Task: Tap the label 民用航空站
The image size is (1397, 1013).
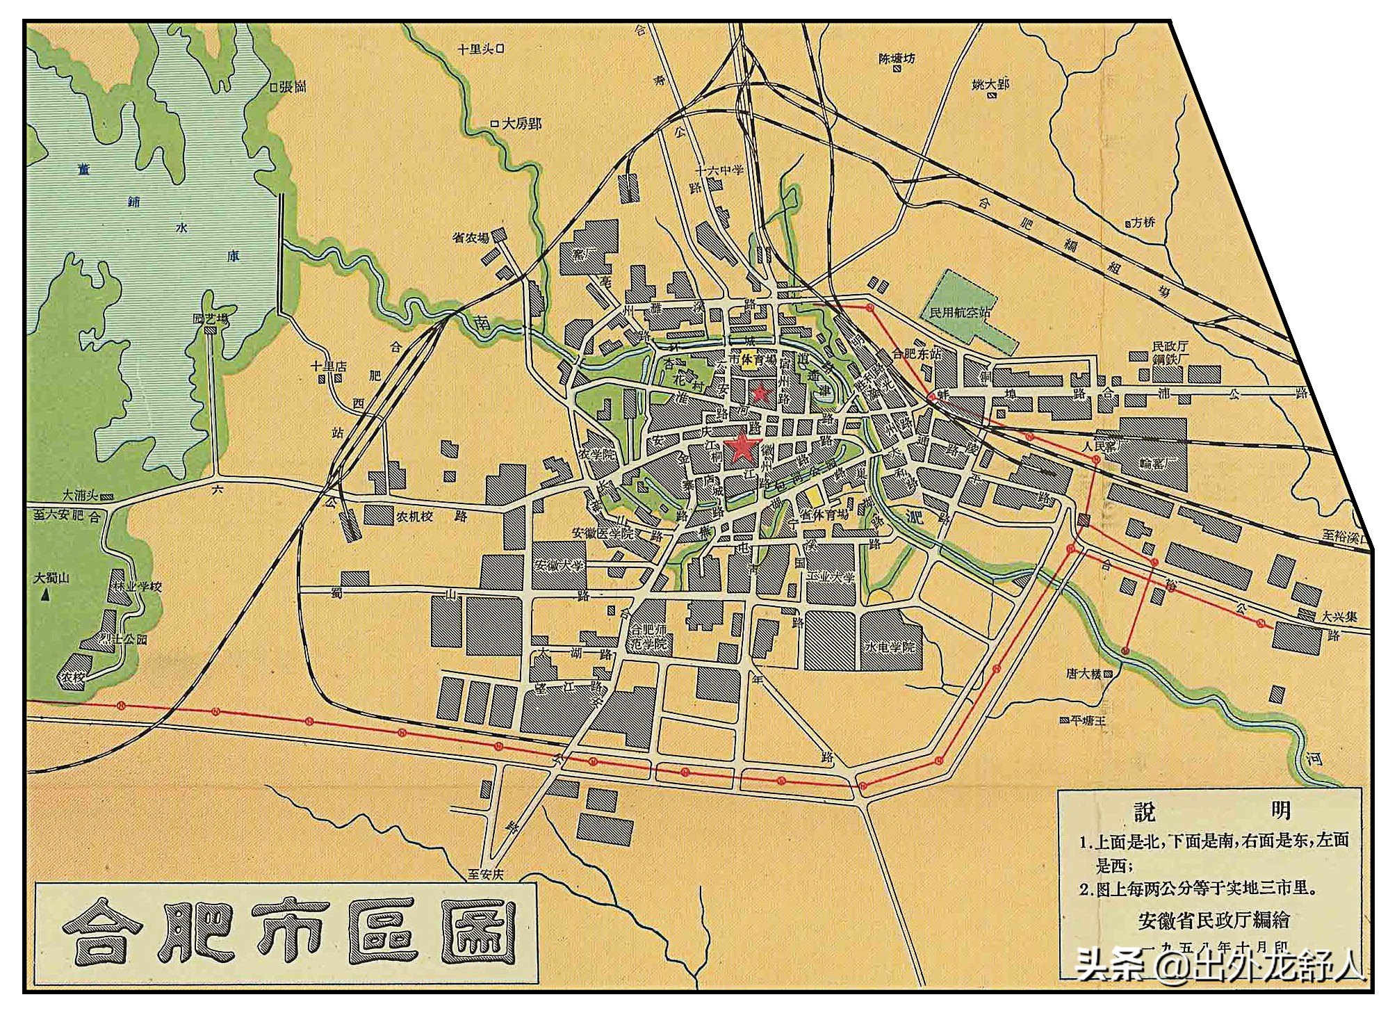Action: pos(960,312)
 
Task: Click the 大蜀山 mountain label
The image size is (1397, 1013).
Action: pos(51,578)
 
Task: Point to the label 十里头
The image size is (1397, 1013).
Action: pos(475,49)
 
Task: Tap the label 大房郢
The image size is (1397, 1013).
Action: pos(521,124)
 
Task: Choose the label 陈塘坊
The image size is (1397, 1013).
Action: pos(897,59)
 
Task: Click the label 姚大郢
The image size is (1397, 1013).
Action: pos(990,85)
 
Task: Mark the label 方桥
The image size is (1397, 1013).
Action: pos(1143,222)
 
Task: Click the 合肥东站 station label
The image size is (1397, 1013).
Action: pos(916,354)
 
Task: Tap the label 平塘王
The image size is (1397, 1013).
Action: pos(1088,721)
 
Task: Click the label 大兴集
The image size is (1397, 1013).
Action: pos(1339,616)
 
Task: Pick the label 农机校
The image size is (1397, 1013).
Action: pos(415,517)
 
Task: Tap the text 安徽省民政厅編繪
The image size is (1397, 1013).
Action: pos(1214,920)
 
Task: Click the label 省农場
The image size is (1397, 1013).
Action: pos(471,238)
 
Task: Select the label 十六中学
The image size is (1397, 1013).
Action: pos(719,170)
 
